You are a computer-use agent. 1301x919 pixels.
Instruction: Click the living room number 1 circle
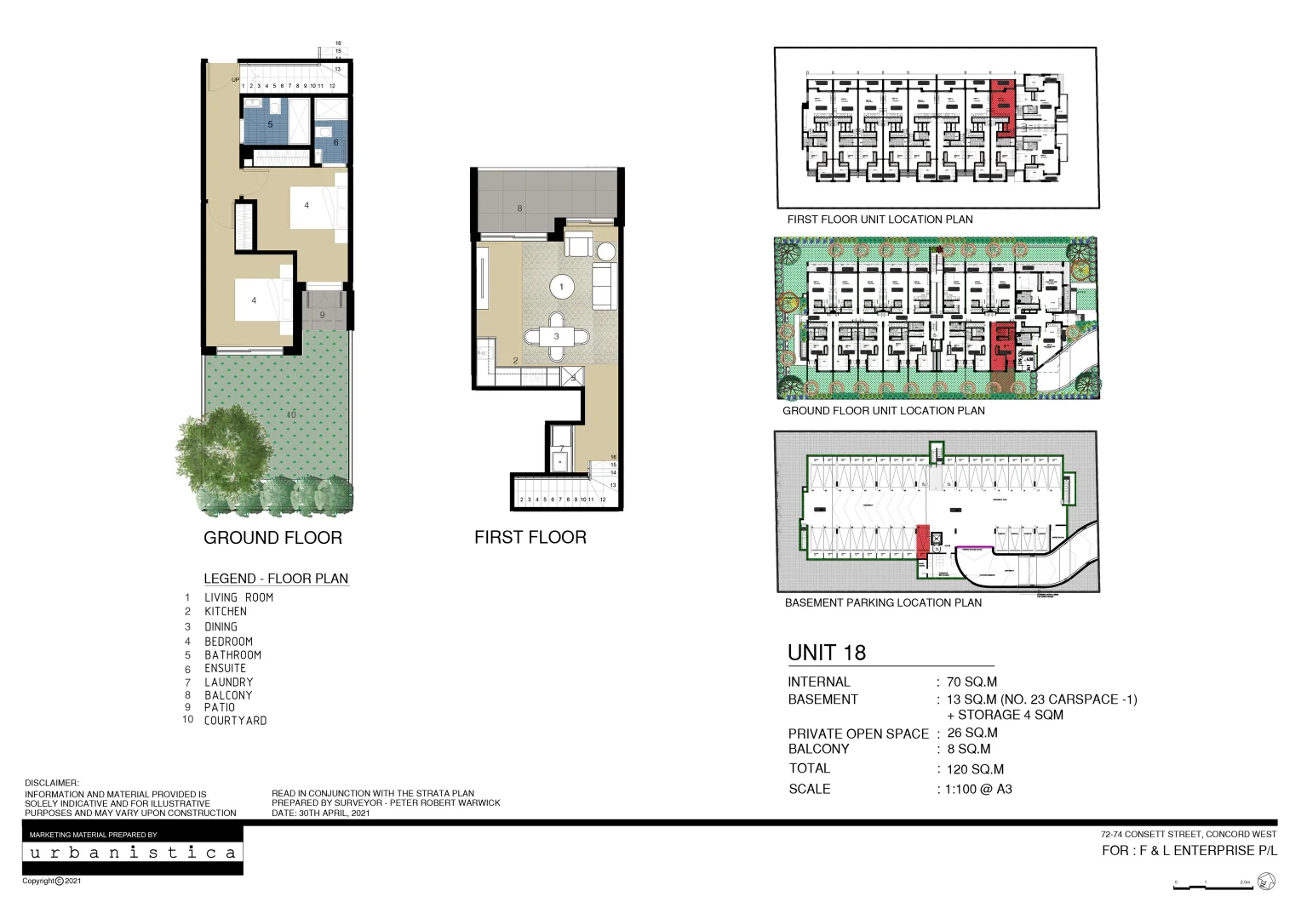(x=561, y=287)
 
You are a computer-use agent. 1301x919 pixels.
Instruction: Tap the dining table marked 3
(x=556, y=336)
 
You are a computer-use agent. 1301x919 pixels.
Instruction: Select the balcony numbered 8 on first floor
(x=545, y=203)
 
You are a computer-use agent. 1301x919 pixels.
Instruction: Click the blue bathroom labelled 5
(x=270, y=124)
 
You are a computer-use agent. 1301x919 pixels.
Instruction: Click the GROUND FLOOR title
(x=272, y=538)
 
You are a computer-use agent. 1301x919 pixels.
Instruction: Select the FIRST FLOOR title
(x=530, y=537)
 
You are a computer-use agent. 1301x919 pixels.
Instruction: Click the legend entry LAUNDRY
(x=228, y=682)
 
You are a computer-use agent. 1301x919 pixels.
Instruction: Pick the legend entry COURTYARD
(x=235, y=720)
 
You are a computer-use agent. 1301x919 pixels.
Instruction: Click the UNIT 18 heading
(x=826, y=653)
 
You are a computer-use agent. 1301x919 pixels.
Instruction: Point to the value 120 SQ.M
(x=975, y=769)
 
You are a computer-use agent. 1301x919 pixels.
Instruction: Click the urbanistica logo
(x=133, y=853)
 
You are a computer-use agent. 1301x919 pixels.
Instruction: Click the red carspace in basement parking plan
(x=922, y=542)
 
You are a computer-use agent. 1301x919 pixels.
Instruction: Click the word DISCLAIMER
(x=51, y=783)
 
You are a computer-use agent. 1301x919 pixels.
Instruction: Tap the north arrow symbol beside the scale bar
(x=1266, y=882)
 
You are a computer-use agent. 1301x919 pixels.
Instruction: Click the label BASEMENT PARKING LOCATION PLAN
(x=883, y=602)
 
